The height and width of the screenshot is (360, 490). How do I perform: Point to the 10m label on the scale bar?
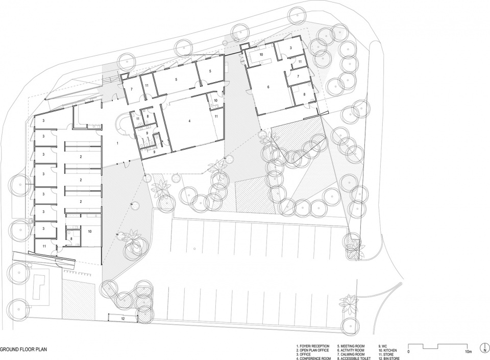pyautogui.click(x=468, y=352)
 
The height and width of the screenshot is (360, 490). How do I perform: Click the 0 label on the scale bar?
pyautogui.click(x=408, y=352)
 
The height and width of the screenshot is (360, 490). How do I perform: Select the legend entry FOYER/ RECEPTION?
pyautogui.click(x=313, y=346)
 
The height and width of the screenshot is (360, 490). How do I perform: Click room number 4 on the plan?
pyautogui.click(x=189, y=121)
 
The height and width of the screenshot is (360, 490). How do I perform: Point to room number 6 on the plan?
pyautogui.click(x=268, y=87)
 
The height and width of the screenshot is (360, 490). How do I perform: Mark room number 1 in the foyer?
pyautogui.click(x=117, y=144)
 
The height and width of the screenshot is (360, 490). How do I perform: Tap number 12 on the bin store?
pyautogui.click(x=124, y=318)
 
